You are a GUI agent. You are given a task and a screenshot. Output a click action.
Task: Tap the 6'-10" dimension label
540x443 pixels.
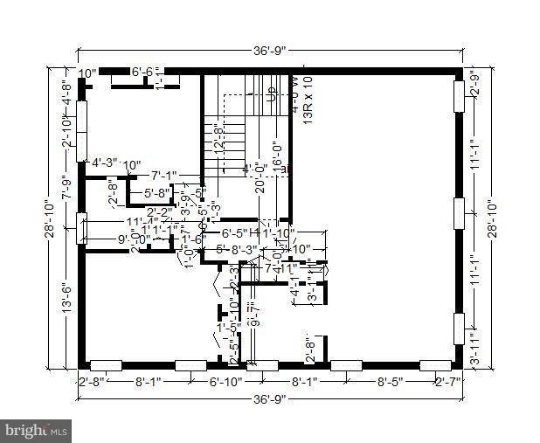pyautogui.click(x=223, y=382)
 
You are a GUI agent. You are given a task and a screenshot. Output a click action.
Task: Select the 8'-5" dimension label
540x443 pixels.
pyautogui.click(x=388, y=382)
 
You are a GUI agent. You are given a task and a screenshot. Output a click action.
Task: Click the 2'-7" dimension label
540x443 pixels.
pyautogui.click(x=448, y=382)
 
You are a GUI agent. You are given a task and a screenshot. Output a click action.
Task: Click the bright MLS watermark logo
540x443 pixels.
pyautogui.click(x=36, y=430)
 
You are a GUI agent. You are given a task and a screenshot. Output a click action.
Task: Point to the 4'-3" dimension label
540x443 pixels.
pyautogui.click(x=106, y=162)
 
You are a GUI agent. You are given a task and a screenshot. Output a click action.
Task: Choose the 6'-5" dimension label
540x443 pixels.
pyautogui.click(x=236, y=233)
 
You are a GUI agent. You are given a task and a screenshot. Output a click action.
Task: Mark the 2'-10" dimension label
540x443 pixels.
pyautogui.click(x=66, y=136)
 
